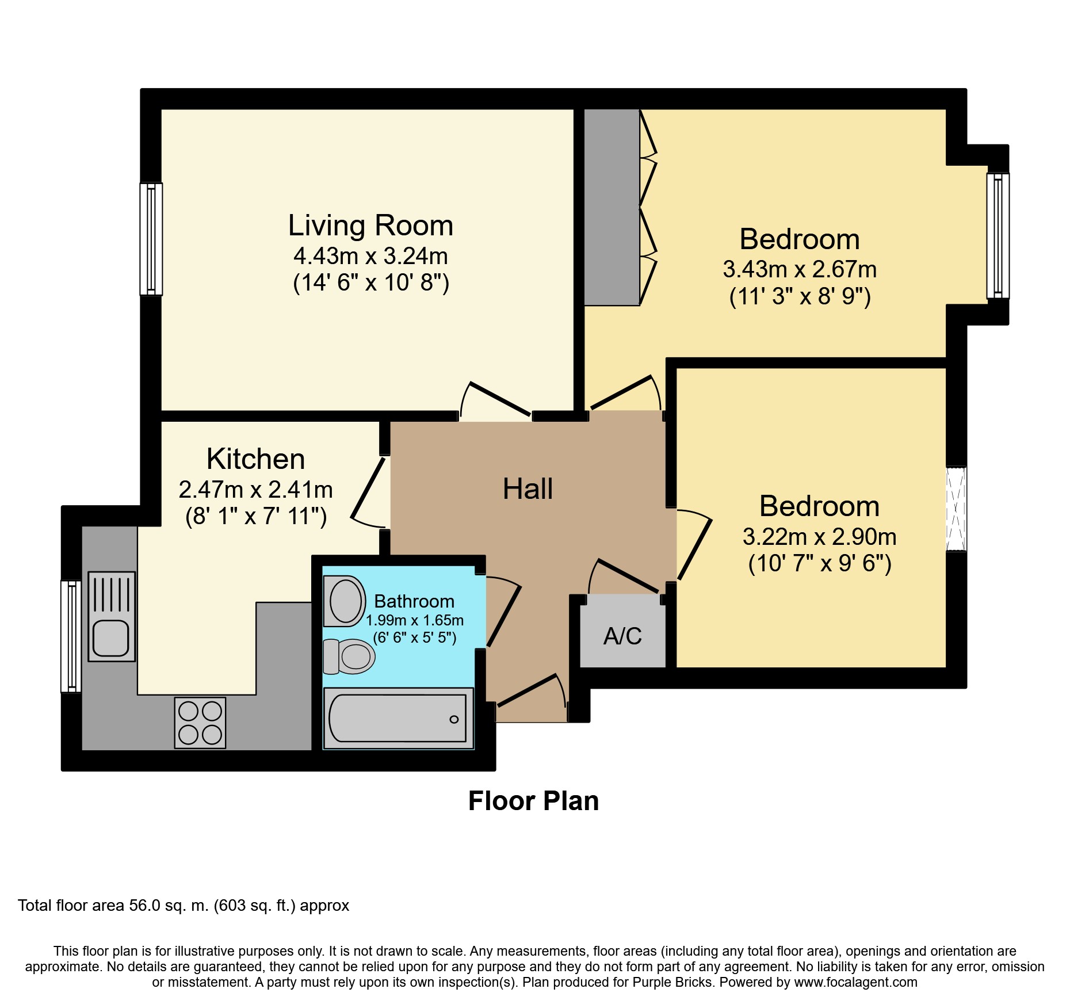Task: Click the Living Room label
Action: [x=370, y=226]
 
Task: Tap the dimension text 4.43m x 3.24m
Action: [x=370, y=256]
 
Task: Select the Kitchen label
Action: [x=255, y=459]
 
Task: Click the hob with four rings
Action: [x=200, y=723]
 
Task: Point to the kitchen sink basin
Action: [x=111, y=638]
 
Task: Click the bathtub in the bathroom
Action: [x=398, y=719]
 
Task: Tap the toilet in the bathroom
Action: [x=350, y=656]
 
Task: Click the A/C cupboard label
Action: [x=622, y=636]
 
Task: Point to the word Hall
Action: [x=528, y=489]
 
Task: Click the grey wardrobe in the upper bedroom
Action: [x=612, y=207]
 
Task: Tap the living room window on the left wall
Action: [x=151, y=239]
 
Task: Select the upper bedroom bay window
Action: [x=998, y=236]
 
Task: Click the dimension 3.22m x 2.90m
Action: [x=819, y=537]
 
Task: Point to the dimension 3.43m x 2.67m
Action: [x=800, y=269]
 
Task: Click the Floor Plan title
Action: [x=533, y=801]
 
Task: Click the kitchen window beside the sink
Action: [x=71, y=636]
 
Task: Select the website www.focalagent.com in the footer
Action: [x=855, y=982]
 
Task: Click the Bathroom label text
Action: [x=414, y=601]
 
